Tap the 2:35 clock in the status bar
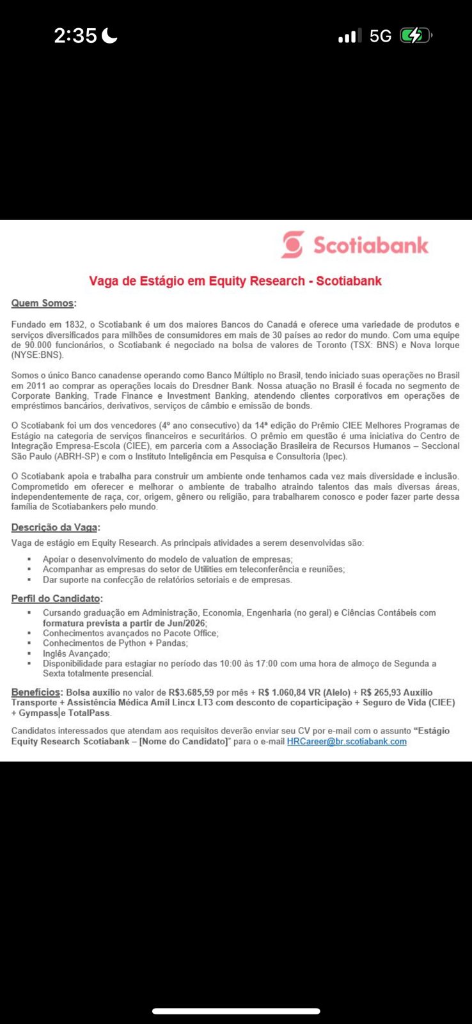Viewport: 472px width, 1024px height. pos(75,36)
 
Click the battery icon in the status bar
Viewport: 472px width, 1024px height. pos(415,36)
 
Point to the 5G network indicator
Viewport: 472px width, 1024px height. pos(381,36)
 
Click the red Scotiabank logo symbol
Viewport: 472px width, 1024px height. pos(293,244)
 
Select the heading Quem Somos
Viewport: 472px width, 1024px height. pos(42,303)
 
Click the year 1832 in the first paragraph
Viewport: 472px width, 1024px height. pos(74,324)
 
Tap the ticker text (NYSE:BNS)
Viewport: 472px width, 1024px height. pos(37,355)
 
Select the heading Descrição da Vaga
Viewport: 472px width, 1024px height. pos(54,528)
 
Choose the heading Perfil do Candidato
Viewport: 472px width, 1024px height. pos(56,599)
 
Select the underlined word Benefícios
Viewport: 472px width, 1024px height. pos(36,692)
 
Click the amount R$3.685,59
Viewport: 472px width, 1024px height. pos(191,693)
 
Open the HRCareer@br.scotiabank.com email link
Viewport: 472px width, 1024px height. pos(347,742)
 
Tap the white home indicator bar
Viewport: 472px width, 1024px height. pos(236,1012)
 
